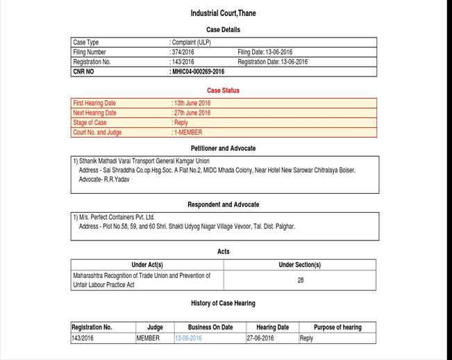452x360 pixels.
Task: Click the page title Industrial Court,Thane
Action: tap(223, 13)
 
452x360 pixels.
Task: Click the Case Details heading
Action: tap(223, 30)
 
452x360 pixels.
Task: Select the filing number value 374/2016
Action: tap(183, 52)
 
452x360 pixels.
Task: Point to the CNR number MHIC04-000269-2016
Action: tap(198, 72)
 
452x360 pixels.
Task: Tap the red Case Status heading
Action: tap(223, 90)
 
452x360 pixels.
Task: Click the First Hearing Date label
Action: tap(94, 103)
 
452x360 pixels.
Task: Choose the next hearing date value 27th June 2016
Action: tap(192, 113)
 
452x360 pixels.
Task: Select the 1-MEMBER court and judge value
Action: tap(187, 132)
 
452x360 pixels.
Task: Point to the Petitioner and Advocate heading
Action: tap(223, 149)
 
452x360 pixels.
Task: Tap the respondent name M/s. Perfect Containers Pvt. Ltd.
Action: tap(117, 217)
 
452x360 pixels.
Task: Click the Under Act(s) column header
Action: tap(147, 265)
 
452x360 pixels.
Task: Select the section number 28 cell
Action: tap(300, 280)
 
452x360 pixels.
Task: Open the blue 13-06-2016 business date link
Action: tap(188, 338)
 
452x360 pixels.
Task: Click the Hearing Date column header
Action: tap(272, 327)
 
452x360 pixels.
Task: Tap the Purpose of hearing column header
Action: tap(337, 327)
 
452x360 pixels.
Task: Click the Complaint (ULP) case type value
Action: tap(191, 42)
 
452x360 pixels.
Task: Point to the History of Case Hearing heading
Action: tap(223, 304)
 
